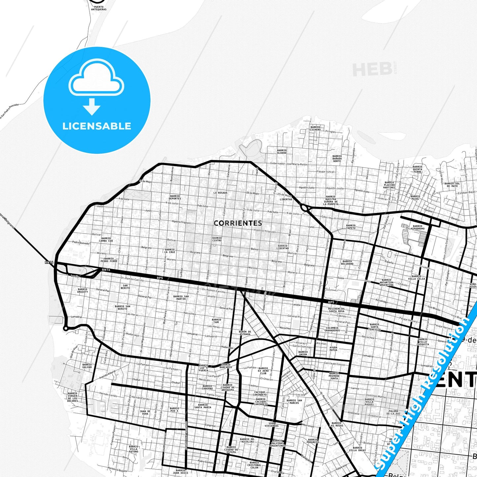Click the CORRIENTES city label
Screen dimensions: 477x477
[238, 223]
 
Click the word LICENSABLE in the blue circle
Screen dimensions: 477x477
[97, 126]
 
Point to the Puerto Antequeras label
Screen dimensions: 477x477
[98, 8]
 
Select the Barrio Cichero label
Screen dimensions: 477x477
[315, 128]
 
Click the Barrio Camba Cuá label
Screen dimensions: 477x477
[106, 239]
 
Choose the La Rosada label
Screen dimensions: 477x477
[220, 192]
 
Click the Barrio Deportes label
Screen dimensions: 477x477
[175, 197]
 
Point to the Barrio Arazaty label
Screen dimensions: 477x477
[83, 290]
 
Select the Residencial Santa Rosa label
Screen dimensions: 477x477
[336, 310]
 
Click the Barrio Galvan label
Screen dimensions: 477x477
[87, 366]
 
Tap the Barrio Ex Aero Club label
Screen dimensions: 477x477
[263, 371]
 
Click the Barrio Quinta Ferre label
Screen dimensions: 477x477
[417, 169]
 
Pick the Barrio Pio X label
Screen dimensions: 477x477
[174, 410]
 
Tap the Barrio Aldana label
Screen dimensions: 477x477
[282, 152]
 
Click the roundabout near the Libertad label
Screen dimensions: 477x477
[304, 208]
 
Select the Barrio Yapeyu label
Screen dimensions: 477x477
[351, 227]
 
